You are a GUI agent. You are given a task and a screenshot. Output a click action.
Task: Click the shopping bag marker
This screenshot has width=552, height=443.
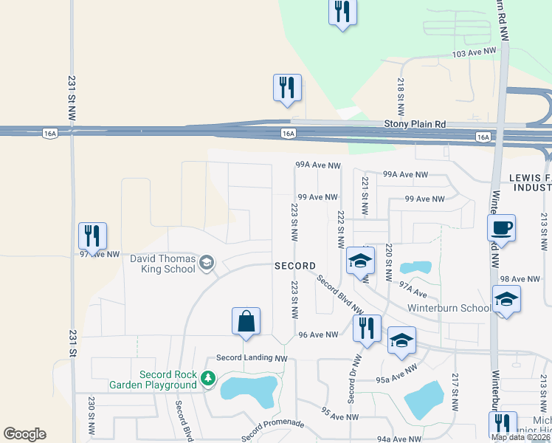point(246,321)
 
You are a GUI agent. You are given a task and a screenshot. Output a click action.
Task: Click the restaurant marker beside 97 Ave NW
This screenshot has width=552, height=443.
point(92,236)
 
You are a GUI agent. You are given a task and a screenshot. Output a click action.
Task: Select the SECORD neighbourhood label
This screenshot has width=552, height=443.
point(295,266)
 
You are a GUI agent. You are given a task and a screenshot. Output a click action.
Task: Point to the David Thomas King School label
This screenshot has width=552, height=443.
point(163,264)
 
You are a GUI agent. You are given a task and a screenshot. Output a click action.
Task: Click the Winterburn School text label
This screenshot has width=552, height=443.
point(448,308)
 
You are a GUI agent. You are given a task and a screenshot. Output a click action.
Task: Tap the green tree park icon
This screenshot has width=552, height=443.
point(208,379)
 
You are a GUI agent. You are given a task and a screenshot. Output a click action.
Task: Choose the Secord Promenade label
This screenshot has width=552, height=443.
point(272,427)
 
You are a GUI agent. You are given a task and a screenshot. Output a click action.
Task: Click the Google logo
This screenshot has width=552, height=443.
point(24,434)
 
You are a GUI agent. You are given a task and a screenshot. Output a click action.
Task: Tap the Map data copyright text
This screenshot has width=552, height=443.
point(520,437)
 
